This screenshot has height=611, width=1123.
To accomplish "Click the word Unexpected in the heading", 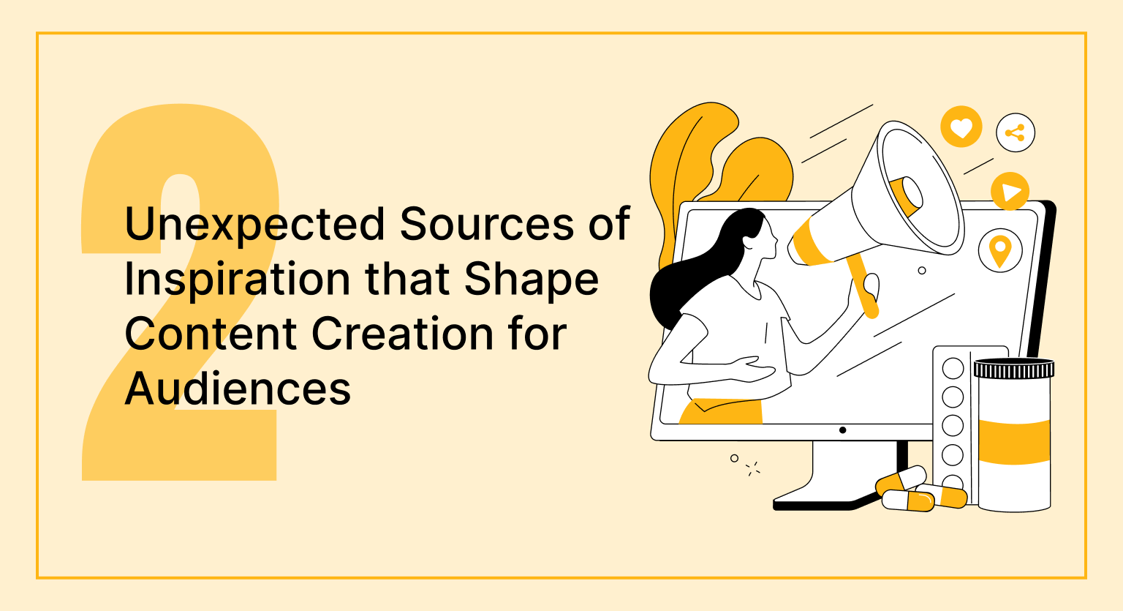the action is coord(254,224).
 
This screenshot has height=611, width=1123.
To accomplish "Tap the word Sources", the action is coord(487,223).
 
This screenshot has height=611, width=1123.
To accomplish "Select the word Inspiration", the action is coord(237,279).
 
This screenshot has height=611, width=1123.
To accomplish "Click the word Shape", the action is coord(532,279).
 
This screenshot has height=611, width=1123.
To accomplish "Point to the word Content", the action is coord(211,334).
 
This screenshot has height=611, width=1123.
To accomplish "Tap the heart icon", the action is coord(961,127).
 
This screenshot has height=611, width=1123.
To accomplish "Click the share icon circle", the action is coord(1016,133).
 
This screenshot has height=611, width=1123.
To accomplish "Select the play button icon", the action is coord(1010,191).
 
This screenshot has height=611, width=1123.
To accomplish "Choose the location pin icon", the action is coord(1000,250).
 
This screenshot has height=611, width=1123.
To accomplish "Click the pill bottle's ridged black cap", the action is coord(1014,369).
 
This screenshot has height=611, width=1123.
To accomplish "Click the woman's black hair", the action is coord(702,271).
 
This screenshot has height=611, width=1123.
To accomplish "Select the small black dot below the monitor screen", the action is coord(842,430).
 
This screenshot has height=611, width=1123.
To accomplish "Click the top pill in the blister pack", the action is coord(953,369).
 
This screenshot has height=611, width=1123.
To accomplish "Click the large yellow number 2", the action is coord(179,292).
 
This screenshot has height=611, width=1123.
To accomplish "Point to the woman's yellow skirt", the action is coord(721,411).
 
